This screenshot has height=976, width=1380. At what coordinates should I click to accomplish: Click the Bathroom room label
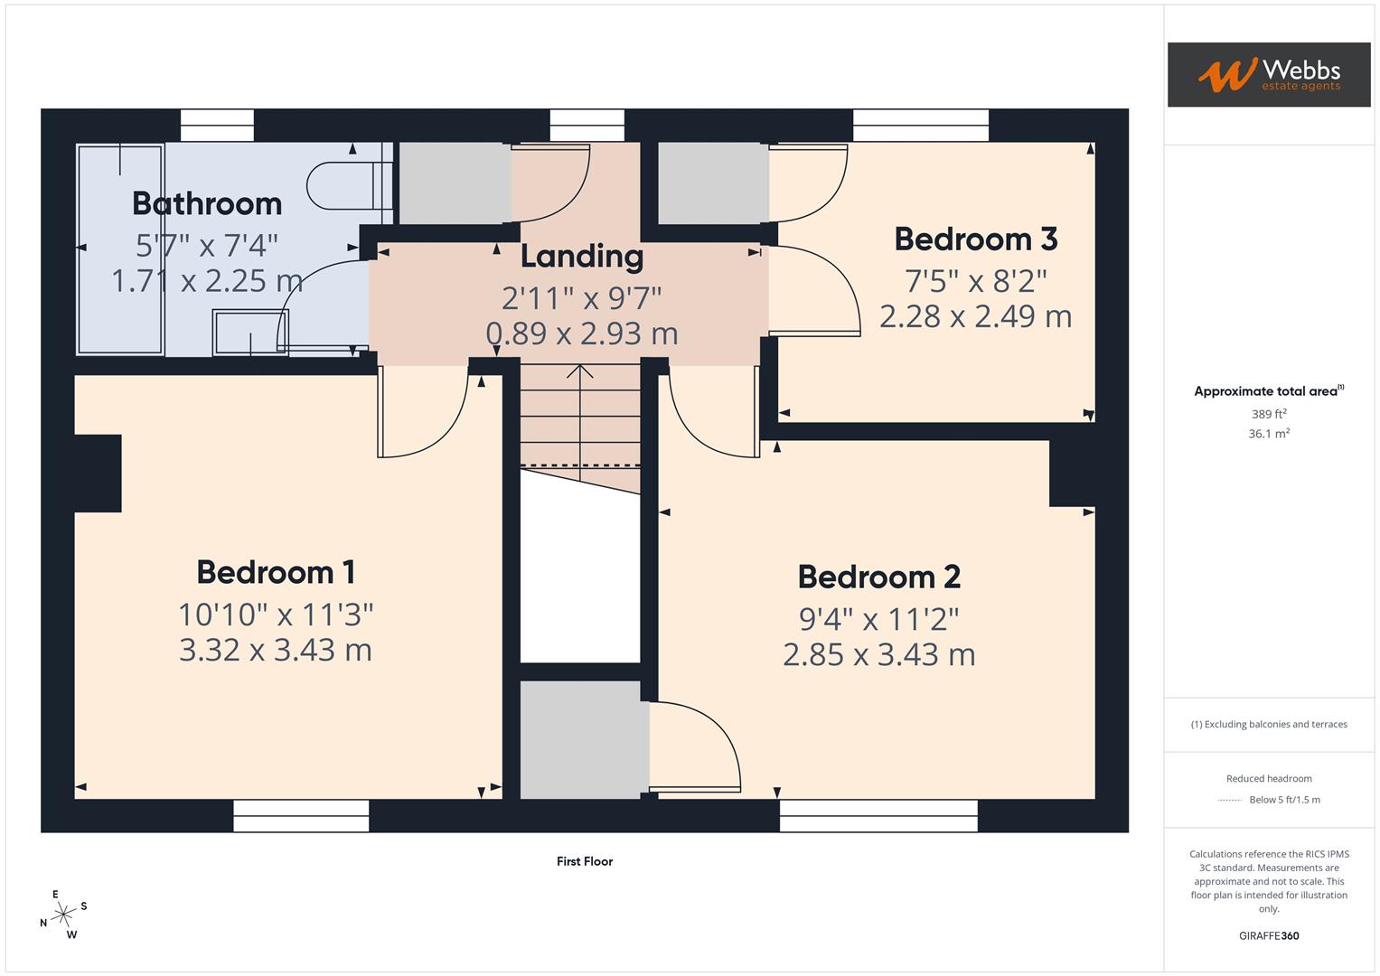pos(207,203)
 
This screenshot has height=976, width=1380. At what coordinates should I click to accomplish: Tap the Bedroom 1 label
pos(276,572)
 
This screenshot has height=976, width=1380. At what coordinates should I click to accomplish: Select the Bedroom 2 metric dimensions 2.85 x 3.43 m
pos(878,654)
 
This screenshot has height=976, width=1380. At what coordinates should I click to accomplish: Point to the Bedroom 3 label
pos(975,239)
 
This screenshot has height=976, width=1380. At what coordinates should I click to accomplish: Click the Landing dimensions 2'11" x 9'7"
pos(582,296)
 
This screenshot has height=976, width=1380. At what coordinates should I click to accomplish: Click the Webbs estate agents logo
pos(1268,74)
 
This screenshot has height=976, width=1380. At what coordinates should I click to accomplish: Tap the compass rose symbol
pos(63,915)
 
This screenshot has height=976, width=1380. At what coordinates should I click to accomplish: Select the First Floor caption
pos(584,861)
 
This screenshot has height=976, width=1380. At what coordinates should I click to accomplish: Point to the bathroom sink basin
pos(250,332)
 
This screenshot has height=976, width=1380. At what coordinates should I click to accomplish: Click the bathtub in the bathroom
pos(120,249)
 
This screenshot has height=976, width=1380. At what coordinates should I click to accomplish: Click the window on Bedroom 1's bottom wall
pos(301,817)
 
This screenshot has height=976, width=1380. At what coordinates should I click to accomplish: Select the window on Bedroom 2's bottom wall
pos(878,817)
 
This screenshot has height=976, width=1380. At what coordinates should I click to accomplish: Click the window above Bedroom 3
pos(920,126)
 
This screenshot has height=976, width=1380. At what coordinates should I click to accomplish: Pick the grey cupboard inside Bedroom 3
pos(713,183)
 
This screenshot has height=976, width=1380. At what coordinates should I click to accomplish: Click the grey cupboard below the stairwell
pos(583,739)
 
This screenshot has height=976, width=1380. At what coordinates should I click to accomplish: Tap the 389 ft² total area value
pos(1268,414)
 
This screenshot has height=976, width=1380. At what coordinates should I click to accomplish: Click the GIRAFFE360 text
pos(1268,935)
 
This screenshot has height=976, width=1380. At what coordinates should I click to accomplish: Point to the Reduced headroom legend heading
pos(1268,778)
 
